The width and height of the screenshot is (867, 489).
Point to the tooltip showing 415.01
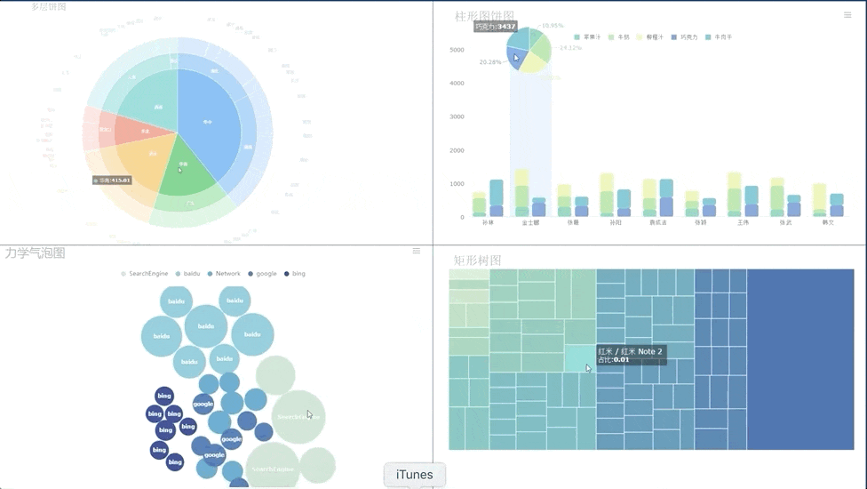pyautogui.click(x=113, y=180)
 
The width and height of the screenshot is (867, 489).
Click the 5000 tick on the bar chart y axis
pyautogui.click(x=457, y=50)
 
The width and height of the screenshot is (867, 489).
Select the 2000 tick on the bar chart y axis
pyautogui.click(x=457, y=150)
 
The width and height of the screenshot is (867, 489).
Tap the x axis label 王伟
pyautogui.click(x=743, y=223)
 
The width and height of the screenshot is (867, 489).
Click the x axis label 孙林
pyautogui.click(x=488, y=223)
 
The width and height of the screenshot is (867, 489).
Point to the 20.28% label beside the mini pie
pyautogui.click(x=489, y=62)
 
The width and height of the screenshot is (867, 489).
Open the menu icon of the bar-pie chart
pyautogui.click(x=847, y=15)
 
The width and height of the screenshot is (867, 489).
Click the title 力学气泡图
pyautogui.click(x=36, y=253)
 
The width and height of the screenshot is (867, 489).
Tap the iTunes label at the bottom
pyautogui.click(x=415, y=475)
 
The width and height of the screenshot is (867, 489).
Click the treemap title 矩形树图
pyautogui.click(x=478, y=261)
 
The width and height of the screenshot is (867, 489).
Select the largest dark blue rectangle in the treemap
pyautogui.click(x=799, y=359)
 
